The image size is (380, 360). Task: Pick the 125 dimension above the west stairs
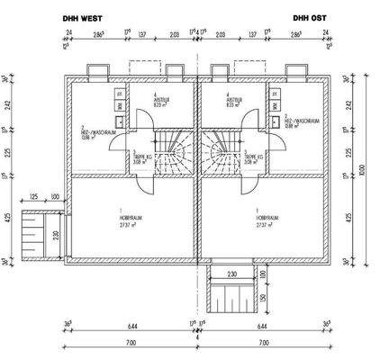pos(34,196)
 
